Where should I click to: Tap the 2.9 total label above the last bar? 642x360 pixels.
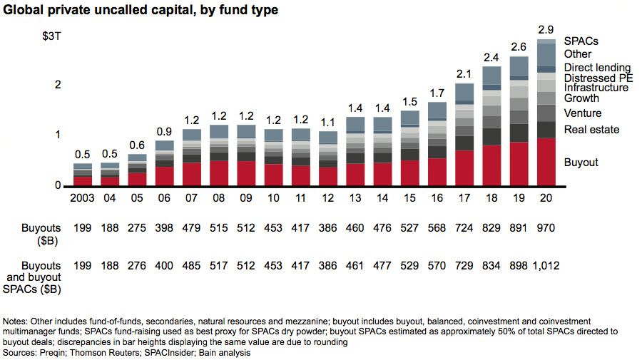pos(546,30)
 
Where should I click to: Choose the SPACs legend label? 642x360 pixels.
pos(581,41)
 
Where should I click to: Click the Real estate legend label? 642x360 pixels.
pos(591,130)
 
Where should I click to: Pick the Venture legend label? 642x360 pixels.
pos(582,113)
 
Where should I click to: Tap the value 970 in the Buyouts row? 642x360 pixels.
pos(546,228)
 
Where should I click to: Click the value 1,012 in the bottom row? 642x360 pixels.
pos(546,266)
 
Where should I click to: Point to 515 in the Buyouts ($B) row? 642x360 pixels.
pos(220,228)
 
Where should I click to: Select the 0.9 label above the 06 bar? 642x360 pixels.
pos(164,131)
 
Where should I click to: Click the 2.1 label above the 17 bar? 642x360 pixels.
pos(464,74)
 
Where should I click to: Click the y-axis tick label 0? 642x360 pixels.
pos(58,186)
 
